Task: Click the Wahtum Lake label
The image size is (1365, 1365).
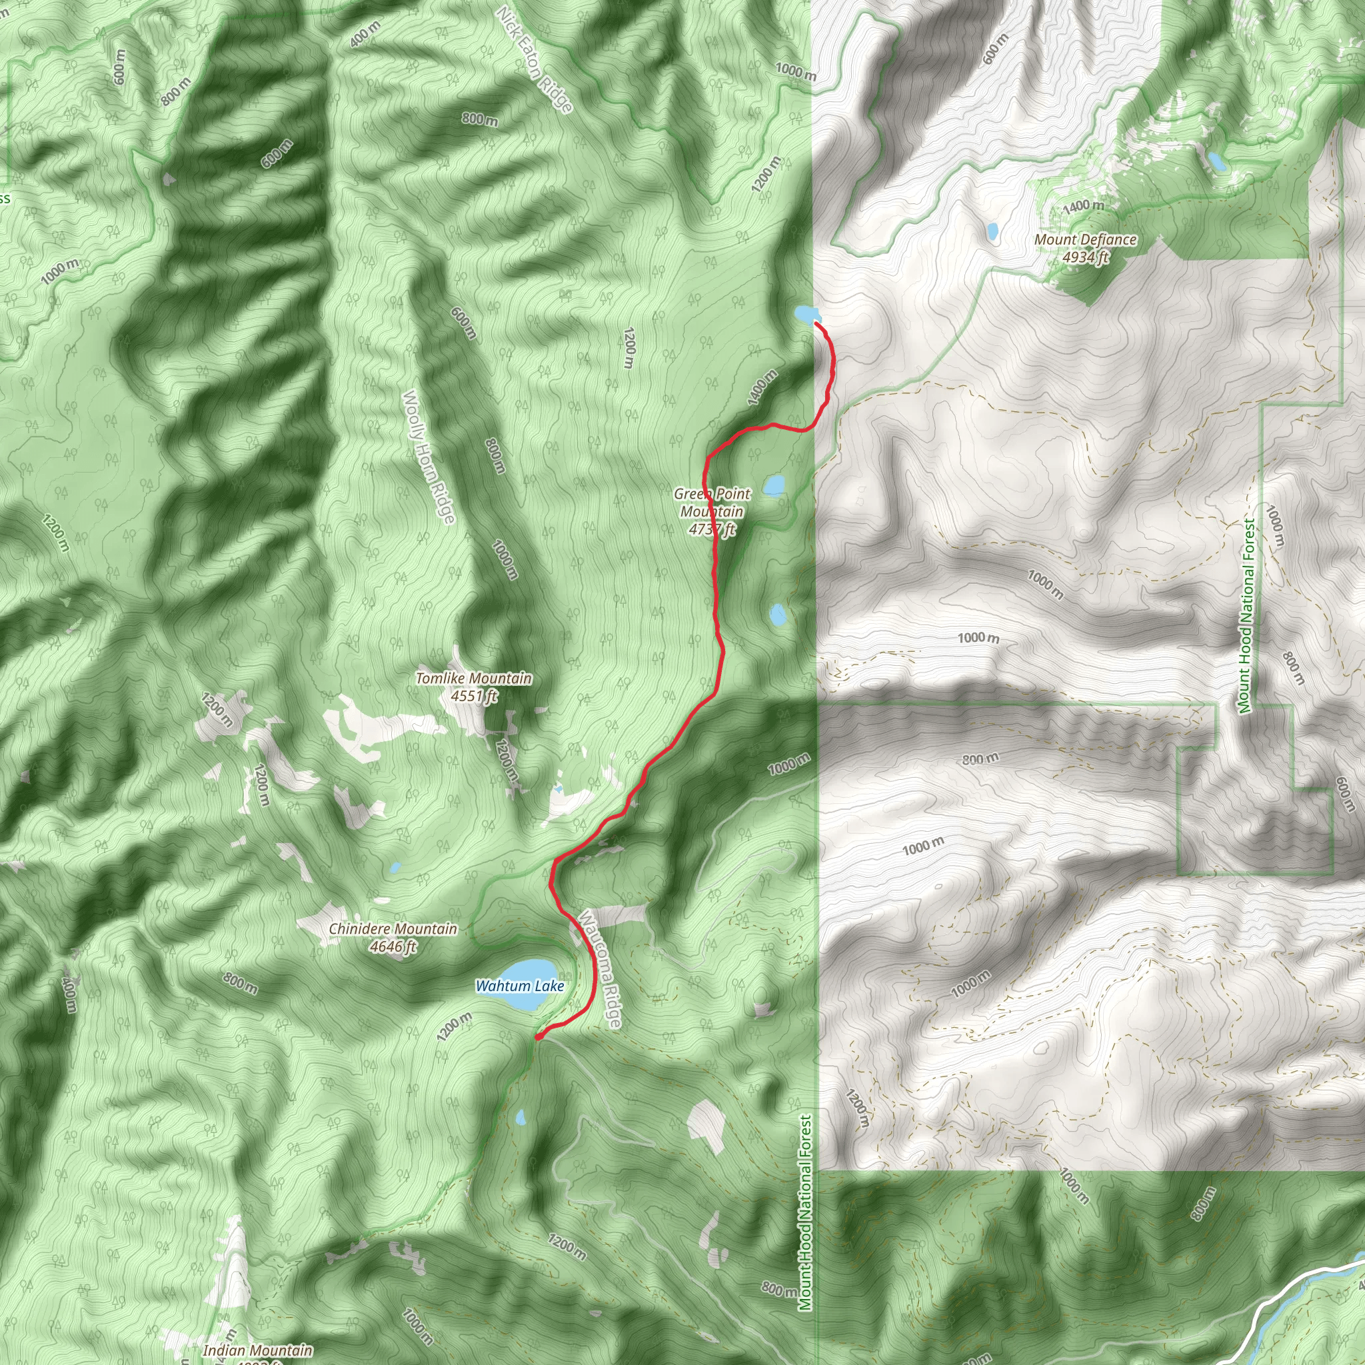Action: tap(520, 986)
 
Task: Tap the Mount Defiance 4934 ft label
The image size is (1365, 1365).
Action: tap(1085, 248)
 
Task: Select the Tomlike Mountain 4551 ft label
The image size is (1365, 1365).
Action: tap(473, 686)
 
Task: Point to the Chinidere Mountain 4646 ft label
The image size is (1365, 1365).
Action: tap(393, 937)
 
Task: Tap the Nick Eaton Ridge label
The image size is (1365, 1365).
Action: tap(534, 59)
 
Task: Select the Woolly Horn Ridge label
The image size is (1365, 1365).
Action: tap(428, 457)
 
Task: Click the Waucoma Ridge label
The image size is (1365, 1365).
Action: tap(601, 969)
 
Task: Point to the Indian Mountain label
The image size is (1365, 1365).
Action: tap(257, 1350)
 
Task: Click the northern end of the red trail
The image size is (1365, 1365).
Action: tap(816, 323)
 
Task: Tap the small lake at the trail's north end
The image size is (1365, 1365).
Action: tap(805, 315)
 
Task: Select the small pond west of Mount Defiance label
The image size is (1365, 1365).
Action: tap(992, 231)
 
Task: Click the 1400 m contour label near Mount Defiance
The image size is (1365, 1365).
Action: tap(1082, 207)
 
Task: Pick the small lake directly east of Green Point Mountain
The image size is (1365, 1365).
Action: tap(775, 485)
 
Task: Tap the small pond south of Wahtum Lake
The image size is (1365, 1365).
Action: tap(521, 1118)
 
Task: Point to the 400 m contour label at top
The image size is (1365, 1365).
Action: tap(365, 34)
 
